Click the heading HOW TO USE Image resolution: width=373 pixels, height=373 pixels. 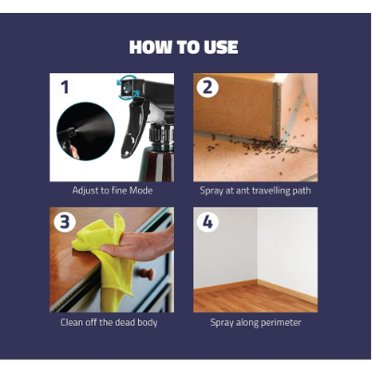coord(183,47)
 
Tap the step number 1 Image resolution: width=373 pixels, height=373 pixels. coord(65,87)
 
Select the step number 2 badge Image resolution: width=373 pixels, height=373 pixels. coord(207,87)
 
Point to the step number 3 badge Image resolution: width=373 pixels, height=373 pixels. coord(65,222)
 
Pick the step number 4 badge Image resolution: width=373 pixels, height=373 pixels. coord(207,222)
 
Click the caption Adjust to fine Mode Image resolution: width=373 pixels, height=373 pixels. coord(112,190)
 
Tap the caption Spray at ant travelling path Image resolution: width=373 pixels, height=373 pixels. coord(255,191)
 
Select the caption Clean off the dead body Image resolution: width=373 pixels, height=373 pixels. coord(109,322)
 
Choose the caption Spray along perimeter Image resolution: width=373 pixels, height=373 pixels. coord(255,323)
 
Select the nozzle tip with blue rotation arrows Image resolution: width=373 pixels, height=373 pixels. coord(127,89)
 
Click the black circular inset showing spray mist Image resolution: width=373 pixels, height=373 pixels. coord(86,131)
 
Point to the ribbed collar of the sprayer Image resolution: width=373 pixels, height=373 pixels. coord(161,133)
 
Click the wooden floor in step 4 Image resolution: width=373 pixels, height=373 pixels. coord(255,298)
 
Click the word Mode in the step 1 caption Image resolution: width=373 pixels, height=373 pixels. coord(141,190)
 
